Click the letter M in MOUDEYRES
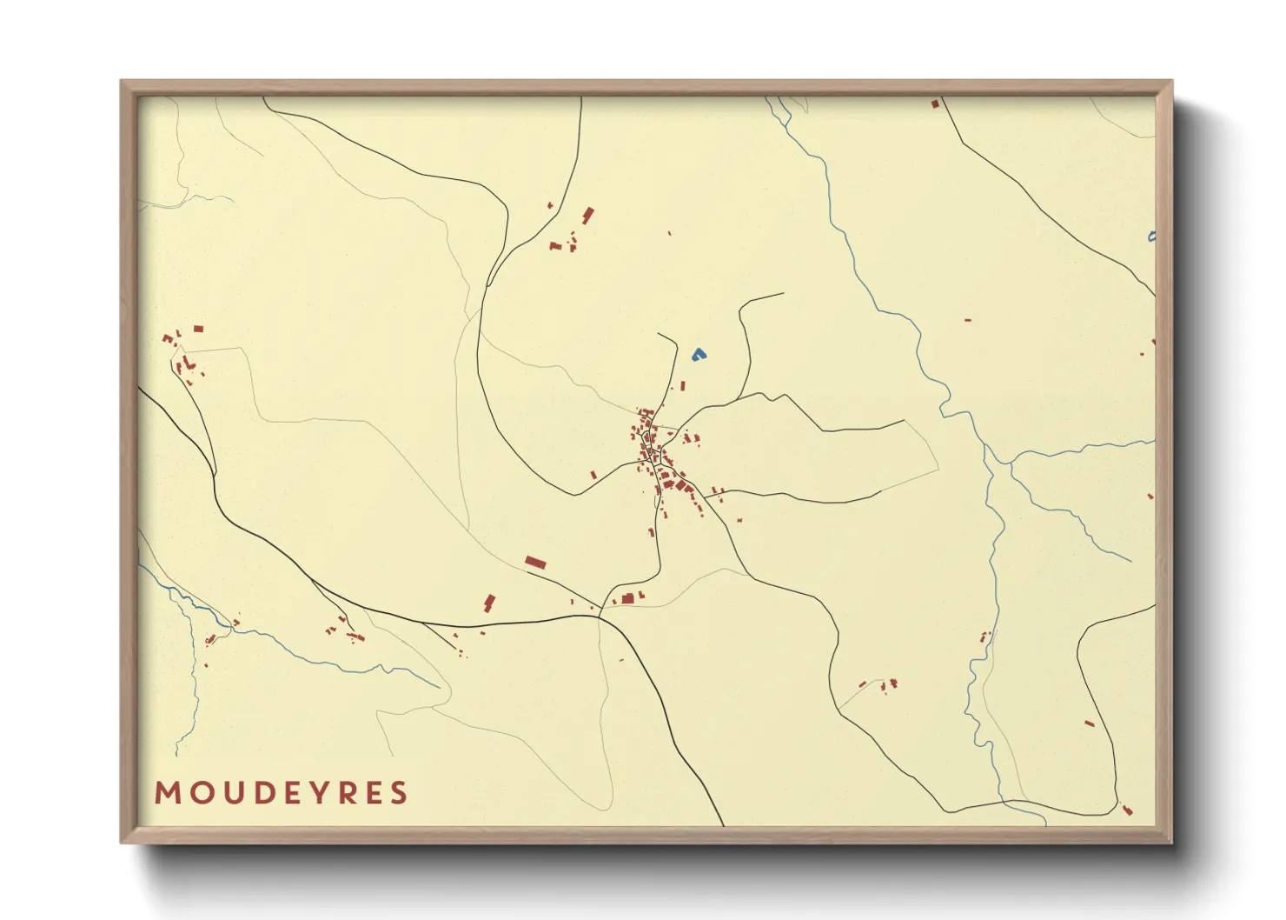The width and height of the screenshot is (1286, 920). (167, 793)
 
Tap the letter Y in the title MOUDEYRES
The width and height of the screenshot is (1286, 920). (315, 793)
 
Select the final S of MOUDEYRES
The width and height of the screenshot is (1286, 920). (399, 793)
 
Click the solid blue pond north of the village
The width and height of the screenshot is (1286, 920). (699, 355)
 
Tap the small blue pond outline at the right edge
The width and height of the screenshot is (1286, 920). (1151, 237)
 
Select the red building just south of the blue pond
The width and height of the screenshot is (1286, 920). (682, 385)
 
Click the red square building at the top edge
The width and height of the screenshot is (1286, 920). (935, 103)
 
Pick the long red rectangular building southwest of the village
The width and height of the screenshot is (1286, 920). (535, 563)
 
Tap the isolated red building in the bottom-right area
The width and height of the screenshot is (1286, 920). (1090, 723)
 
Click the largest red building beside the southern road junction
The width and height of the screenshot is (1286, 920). (627, 598)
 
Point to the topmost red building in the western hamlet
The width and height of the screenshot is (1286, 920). (198, 329)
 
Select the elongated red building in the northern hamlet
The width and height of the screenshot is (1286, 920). (588, 215)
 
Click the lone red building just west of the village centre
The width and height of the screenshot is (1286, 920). (593, 475)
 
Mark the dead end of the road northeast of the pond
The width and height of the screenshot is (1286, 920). (783, 294)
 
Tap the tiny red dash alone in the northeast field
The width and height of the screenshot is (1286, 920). (967, 320)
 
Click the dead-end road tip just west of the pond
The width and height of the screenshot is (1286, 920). (659, 333)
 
